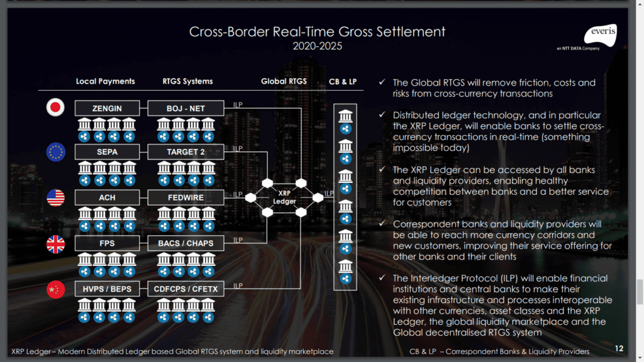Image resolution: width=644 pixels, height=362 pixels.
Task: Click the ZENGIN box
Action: pos(107,108)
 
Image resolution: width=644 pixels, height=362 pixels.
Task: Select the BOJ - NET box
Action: pos(186,108)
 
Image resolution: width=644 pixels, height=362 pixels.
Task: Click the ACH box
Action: pos(107,198)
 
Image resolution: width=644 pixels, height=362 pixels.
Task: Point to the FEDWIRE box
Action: pos(186,198)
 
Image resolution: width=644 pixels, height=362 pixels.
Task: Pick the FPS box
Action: pos(107,243)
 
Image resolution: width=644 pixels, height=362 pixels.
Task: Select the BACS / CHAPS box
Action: pos(186,243)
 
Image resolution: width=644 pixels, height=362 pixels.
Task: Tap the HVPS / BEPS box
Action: pos(107,288)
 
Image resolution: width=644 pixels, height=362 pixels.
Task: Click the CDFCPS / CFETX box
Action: pos(186,288)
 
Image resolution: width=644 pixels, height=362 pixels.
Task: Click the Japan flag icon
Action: pos(56,108)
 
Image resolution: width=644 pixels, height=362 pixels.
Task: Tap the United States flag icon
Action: pos(56,198)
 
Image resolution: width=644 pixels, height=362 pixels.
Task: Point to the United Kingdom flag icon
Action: pos(56,244)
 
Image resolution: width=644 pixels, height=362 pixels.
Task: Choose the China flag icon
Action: pos(56,289)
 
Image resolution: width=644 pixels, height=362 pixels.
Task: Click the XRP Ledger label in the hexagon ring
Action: pos(284,197)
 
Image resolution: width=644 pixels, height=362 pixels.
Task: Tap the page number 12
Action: pos(619,348)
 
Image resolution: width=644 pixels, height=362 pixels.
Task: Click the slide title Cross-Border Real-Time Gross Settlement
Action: pos(318,31)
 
